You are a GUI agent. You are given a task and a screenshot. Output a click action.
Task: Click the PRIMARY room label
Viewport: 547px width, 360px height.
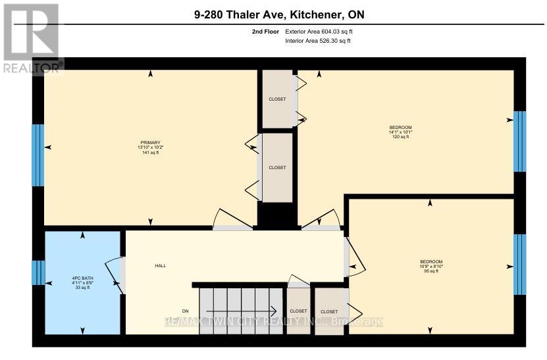[x=149, y=141]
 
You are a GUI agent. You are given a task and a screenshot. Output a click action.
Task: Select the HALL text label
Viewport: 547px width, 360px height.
[x=160, y=266]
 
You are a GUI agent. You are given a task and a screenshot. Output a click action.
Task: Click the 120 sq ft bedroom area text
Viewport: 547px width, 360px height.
[x=400, y=137]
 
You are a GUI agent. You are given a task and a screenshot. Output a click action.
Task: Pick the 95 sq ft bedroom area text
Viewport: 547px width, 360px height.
[x=431, y=270]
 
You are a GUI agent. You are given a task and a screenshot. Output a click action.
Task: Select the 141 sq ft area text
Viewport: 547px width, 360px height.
[x=149, y=153]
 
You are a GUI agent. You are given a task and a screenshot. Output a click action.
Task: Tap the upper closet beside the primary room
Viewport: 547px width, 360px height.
[x=277, y=99]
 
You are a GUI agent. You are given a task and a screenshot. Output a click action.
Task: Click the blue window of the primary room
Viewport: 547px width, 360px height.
[x=38, y=155]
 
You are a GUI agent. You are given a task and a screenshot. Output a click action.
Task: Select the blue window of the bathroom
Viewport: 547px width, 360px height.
[x=38, y=272]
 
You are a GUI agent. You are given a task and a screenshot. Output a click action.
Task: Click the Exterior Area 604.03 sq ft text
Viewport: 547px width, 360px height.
[x=323, y=31]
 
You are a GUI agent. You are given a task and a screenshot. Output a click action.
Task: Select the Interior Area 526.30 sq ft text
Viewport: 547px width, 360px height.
[x=318, y=41]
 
